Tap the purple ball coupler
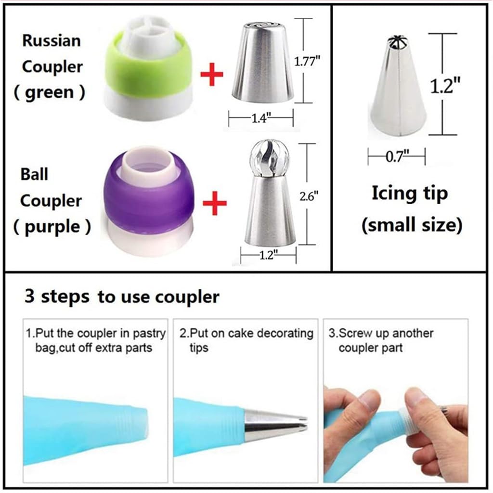pos(148,201)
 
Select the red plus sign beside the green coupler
pos(212,75)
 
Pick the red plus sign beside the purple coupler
pos(214,203)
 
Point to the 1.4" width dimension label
pos(260,118)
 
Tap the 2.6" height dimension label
pos(309,197)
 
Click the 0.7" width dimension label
pos(397,156)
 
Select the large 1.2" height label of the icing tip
pos(445,85)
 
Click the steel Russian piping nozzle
pos(262,62)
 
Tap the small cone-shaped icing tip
pos(399,86)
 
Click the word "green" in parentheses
pos(50,92)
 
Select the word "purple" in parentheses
pos(52,227)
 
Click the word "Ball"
pos(34,174)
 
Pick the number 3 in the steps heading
pos(29,296)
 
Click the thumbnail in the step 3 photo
pos(415,397)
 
